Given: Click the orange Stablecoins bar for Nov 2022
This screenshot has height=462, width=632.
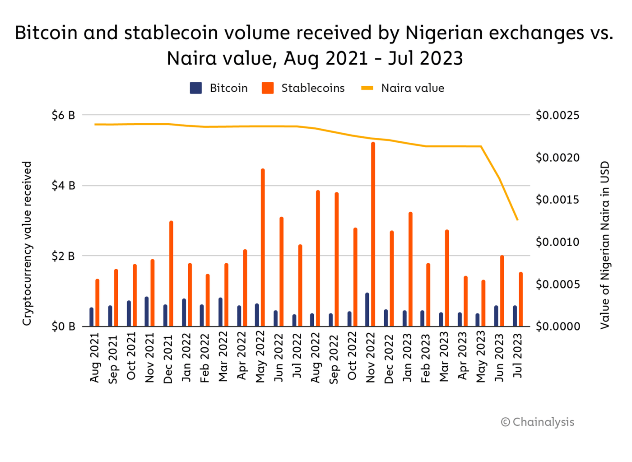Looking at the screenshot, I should [x=373, y=235].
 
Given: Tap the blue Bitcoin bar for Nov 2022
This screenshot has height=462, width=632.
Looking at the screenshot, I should [x=367, y=310].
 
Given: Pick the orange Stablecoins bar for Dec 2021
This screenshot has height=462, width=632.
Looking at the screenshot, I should [x=171, y=274].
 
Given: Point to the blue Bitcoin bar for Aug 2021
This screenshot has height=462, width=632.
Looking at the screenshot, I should [x=92, y=317].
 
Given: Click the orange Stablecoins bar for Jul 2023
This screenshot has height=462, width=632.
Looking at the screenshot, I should [x=520, y=299].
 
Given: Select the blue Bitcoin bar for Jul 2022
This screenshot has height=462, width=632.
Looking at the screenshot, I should [x=294, y=321].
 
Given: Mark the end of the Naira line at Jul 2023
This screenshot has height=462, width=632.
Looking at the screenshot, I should [x=517, y=220].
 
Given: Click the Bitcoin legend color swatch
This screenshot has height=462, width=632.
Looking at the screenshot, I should [x=196, y=88].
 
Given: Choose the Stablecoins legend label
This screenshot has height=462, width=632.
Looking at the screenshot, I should [x=313, y=88].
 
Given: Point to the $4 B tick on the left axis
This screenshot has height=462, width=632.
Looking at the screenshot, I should [x=63, y=186].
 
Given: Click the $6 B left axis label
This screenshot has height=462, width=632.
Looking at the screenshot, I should [x=63, y=116].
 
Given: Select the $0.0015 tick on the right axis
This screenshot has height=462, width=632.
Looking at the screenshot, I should [x=558, y=200].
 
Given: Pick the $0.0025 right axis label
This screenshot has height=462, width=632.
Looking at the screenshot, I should [x=558, y=116].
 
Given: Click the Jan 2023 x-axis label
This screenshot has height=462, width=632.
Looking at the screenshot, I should [x=408, y=358].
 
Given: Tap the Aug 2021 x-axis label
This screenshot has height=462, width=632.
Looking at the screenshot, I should [x=94, y=358].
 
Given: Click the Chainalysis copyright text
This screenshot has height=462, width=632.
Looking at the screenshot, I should [x=538, y=422].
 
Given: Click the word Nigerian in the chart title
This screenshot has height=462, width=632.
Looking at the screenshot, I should [x=445, y=33].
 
